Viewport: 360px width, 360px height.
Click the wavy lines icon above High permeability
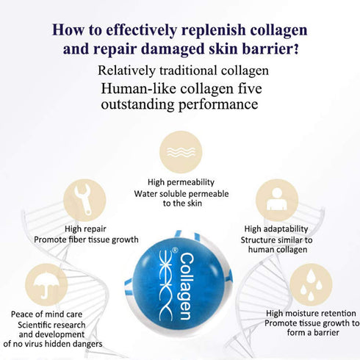[x=181, y=152]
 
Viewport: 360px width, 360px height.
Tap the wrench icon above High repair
[x=84, y=201]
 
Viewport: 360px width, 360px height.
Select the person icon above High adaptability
[x=277, y=200]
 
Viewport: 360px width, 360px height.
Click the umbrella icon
[x=46, y=285]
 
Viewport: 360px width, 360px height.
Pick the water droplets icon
[x=311, y=285]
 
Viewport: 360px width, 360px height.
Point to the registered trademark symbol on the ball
[x=175, y=251]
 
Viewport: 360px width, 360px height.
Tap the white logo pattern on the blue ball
[x=166, y=286]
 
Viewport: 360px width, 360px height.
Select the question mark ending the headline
[x=295, y=48]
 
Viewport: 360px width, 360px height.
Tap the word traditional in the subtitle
[x=188, y=71]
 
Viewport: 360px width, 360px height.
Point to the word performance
[x=218, y=105]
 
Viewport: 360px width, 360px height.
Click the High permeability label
[x=181, y=182]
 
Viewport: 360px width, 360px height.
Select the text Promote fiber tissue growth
[x=86, y=240]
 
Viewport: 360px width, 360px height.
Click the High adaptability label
[x=276, y=228]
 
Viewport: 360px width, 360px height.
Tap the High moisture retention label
[x=311, y=313]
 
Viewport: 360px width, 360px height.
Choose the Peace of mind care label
[x=46, y=314]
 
